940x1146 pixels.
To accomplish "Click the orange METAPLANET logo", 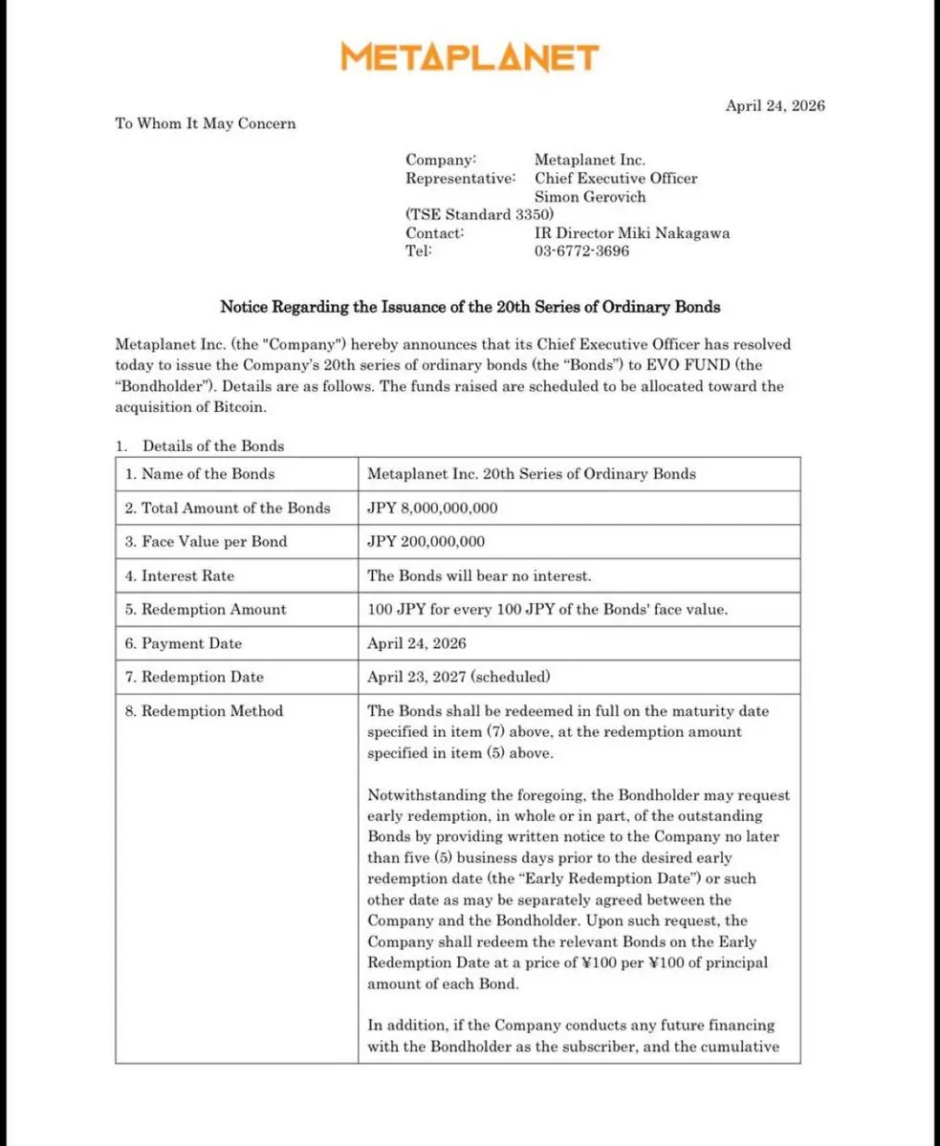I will pos(470,57).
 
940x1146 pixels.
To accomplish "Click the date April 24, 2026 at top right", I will pos(775,106).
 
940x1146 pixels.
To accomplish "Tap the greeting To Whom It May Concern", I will pos(206,123).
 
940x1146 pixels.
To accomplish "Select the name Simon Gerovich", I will pos(590,197).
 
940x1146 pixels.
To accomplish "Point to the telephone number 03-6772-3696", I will pos(581,251).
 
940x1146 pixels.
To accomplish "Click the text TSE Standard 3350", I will pos(479,215).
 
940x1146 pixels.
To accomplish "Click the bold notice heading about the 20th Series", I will pos(470,308).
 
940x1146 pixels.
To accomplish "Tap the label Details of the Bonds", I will pos(213,445).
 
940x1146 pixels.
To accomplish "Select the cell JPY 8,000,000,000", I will pos(432,508).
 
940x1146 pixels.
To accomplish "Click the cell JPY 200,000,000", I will pos(426,541).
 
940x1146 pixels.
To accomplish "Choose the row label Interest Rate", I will pos(187,575).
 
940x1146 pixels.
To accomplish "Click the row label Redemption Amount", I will pos(214,609).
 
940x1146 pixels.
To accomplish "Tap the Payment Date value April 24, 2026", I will pos(417,643).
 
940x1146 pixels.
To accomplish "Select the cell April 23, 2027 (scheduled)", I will pos(459,677).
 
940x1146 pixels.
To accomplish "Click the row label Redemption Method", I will pos(212,711).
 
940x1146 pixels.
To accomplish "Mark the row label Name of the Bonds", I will pos(208,474).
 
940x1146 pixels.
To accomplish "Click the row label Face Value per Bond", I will pos(214,541).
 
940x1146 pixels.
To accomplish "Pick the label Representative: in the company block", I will pos(460,179).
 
